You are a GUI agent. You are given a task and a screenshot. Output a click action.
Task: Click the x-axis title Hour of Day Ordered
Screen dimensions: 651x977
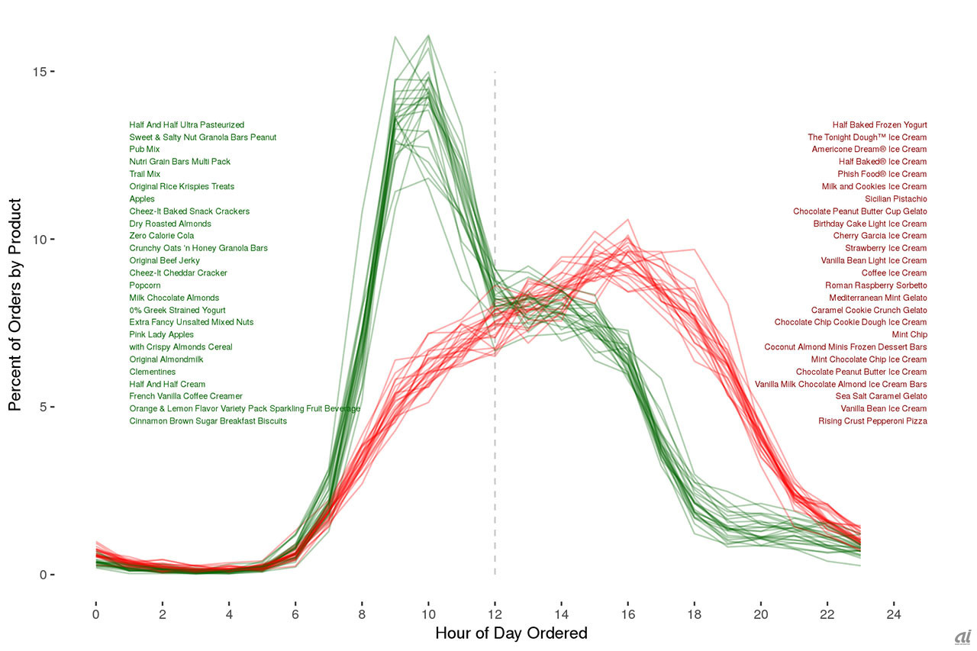pyautogui.click(x=511, y=633)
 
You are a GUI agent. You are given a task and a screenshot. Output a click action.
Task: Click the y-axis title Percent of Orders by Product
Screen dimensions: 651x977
pyautogui.click(x=15, y=305)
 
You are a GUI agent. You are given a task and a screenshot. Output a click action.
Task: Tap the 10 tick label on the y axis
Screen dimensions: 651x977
pyautogui.click(x=38, y=239)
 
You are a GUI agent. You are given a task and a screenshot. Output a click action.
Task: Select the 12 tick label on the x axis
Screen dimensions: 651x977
pyautogui.click(x=495, y=614)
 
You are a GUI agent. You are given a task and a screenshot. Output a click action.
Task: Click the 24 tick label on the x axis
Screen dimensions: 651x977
pyautogui.click(x=893, y=614)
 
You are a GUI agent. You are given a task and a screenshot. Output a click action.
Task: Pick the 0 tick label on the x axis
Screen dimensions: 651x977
pyautogui.click(x=95, y=614)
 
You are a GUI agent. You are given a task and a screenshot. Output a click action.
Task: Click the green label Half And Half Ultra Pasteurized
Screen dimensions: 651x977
pyautogui.click(x=187, y=124)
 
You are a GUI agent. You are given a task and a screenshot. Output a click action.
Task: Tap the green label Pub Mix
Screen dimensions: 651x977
pyautogui.click(x=144, y=150)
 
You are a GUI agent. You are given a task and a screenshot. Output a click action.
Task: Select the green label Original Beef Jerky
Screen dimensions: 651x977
pyautogui.click(x=165, y=261)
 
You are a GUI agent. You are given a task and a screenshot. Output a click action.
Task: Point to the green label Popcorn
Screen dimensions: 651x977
pyautogui.click(x=145, y=285)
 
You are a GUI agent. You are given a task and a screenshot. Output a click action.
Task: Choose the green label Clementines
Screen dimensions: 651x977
pyautogui.click(x=152, y=372)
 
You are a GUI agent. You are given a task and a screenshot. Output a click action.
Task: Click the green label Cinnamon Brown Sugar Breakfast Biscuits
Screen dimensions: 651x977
pyautogui.click(x=208, y=421)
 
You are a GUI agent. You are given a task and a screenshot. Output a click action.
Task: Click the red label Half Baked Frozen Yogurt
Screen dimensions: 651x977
pyautogui.click(x=879, y=124)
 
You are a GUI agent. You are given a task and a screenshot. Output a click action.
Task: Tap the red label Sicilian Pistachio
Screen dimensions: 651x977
pyautogui.click(x=895, y=199)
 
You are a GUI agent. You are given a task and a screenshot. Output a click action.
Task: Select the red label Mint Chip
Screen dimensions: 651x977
pyautogui.click(x=909, y=335)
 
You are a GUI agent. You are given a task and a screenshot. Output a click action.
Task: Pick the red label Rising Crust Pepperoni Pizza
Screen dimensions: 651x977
pyautogui.click(x=872, y=421)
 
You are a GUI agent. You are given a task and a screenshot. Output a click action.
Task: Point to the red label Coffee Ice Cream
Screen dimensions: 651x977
pyautogui.click(x=894, y=273)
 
